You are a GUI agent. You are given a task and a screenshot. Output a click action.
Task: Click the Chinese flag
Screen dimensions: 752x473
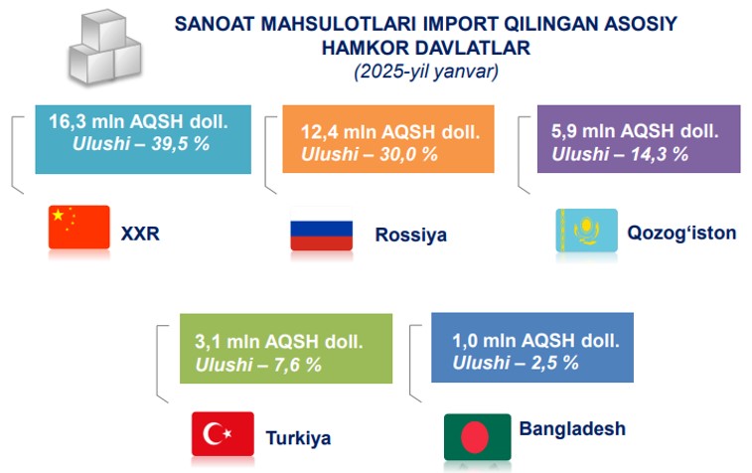[79, 227]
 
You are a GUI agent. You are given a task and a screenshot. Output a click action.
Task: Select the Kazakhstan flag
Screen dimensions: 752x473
[586, 231]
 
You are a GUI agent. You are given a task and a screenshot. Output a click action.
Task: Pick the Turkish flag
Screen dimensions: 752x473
[223, 433]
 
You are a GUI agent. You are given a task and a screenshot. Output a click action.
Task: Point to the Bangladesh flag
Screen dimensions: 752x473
[477, 437]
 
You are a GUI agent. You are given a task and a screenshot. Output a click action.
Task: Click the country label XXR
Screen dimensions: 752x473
[140, 234]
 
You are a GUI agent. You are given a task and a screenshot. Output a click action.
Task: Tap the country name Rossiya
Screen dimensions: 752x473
[411, 235]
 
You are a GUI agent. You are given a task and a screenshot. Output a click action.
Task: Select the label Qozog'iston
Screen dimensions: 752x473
[681, 233]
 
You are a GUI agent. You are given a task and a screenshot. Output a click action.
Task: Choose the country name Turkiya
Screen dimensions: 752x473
[298, 438]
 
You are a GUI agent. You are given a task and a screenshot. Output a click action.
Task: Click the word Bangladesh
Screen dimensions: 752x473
[572, 428]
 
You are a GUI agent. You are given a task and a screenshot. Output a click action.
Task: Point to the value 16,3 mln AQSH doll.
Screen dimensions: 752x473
[138, 122]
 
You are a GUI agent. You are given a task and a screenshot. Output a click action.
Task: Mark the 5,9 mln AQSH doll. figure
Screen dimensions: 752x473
[635, 131]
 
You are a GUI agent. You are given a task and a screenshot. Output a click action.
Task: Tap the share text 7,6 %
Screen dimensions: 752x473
[298, 365]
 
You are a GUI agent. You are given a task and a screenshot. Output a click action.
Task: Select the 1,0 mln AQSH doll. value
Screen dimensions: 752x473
[535, 341]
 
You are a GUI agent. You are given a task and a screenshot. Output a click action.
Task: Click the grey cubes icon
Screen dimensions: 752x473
[105, 47]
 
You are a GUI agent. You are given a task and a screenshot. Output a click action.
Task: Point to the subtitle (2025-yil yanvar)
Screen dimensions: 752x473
[426, 72]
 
